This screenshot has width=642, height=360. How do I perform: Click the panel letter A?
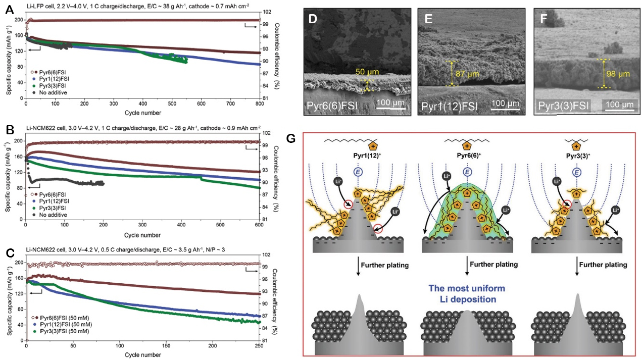(9, 9)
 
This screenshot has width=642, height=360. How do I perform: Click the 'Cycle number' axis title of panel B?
(143, 235)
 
